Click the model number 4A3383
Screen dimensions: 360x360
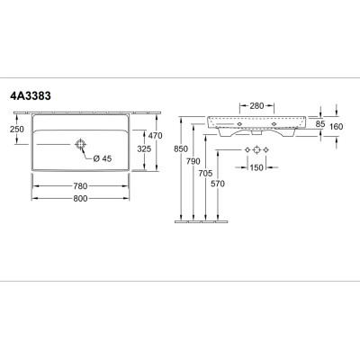[31, 96]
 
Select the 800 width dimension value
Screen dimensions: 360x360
[80, 198]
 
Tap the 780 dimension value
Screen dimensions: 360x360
[80, 186]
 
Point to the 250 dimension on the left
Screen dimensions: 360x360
[17, 130]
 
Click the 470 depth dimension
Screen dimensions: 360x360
[155, 136]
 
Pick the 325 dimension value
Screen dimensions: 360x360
[144, 148]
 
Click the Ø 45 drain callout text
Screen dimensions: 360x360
[103, 158]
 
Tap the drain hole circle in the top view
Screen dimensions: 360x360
[80, 145]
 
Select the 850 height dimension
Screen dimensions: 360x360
[181, 148]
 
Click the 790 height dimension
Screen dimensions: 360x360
[193, 161]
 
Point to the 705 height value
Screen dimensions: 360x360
[205, 173]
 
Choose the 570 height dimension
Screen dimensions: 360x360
[218, 184]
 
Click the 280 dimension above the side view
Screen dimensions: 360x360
[256, 106]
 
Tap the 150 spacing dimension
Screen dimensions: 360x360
[256, 167]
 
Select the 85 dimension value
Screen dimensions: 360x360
[320, 124]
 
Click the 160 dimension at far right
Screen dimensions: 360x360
[336, 127]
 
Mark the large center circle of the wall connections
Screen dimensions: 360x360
[256, 149]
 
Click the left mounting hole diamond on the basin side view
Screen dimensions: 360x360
[239, 124]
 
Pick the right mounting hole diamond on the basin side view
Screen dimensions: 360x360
[274, 124]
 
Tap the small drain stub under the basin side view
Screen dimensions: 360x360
[256, 132]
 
